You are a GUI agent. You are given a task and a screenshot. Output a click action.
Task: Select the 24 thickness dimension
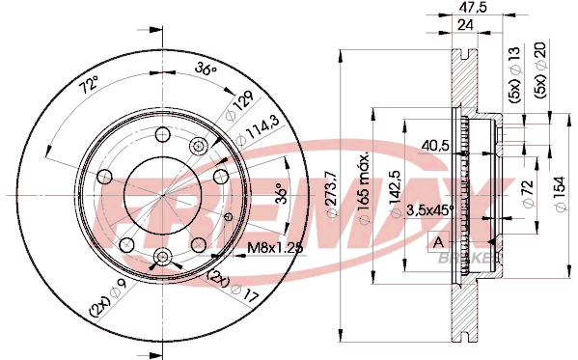pyautogui.click(x=465, y=25)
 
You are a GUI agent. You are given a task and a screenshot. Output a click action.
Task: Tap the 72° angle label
pyautogui.click(x=90, y=85)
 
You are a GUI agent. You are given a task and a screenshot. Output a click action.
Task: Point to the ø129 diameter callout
pyautogui.click(x=239, y=106)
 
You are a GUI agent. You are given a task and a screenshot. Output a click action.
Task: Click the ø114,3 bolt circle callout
pyautogui.click(x=258, y=130)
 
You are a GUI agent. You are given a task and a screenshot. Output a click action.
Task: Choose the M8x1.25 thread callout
pyautogui.click(x=275, y=247)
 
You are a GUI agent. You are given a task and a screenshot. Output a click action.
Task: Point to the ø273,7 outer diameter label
pyautogui.click(x=332, y=194)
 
